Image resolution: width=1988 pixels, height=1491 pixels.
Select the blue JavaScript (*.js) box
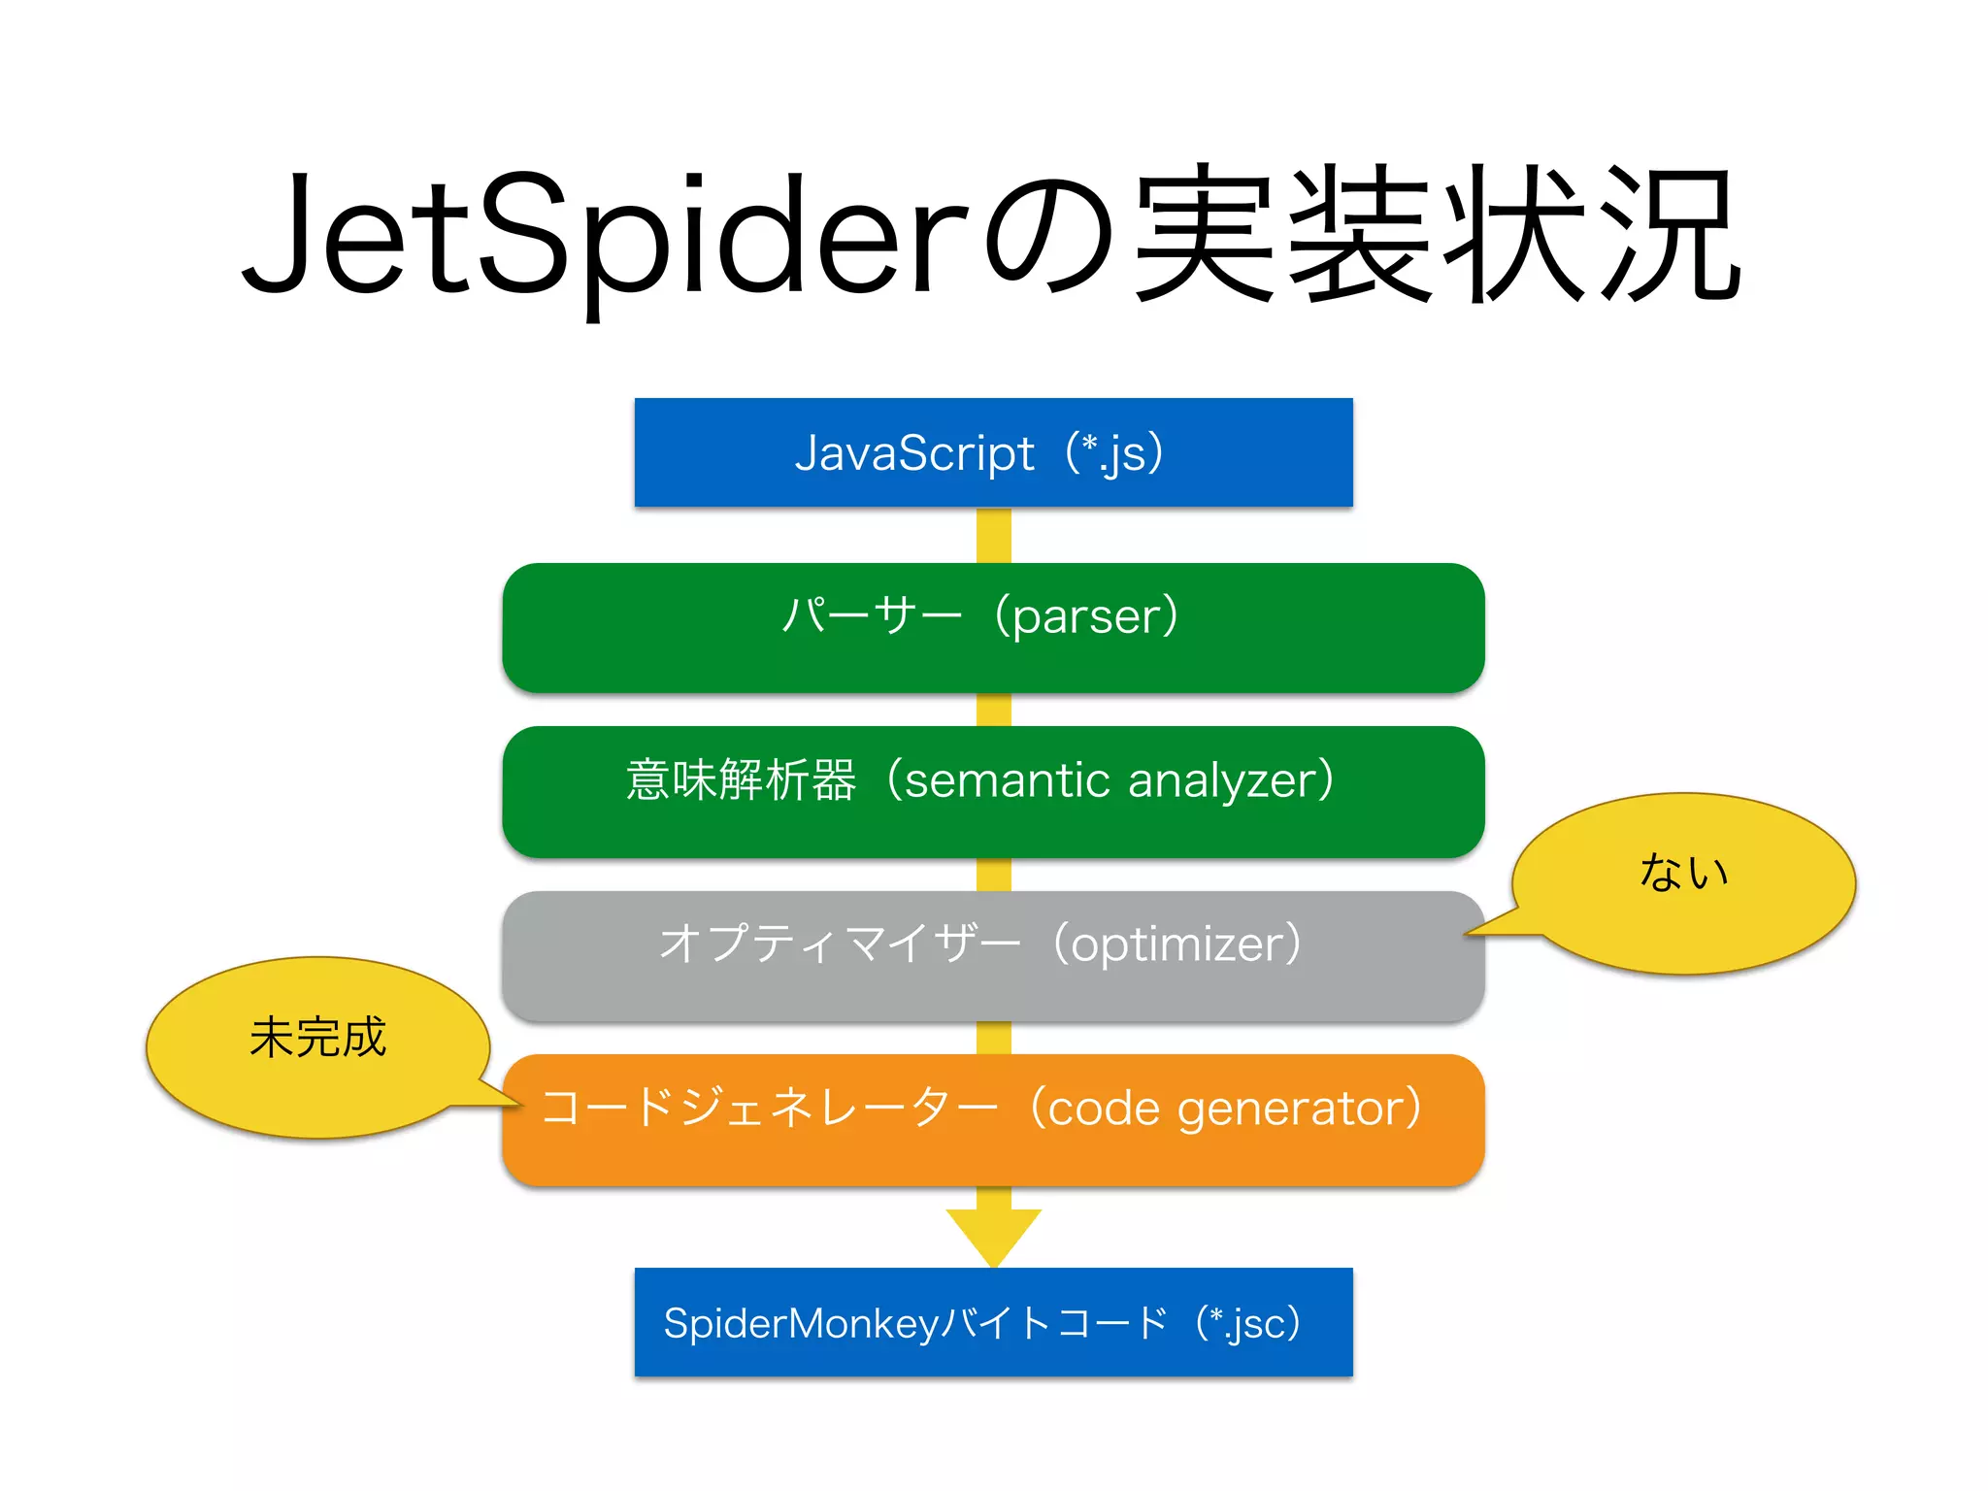click(993, 452)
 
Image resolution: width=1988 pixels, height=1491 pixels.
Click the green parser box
click(993, 627)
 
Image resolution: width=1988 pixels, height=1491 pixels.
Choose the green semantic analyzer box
click(993, 790)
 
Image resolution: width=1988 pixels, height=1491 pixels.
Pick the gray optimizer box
click(993, 955)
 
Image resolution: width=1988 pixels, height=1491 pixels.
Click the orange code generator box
click(993, 1119)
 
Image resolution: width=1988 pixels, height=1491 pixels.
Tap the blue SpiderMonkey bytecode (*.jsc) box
click(993, 1322)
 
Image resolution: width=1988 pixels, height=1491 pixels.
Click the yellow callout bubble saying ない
click(1683, 883)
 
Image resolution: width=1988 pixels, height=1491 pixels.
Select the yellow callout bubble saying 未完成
click(317, 1046)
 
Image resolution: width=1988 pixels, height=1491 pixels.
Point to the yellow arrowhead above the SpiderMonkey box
click(993, 1235)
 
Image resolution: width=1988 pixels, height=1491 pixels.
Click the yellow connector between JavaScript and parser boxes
click(993, 535)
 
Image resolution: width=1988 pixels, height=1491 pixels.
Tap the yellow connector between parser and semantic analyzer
click(993, 710)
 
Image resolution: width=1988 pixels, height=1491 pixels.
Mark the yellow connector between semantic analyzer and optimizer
click(993, 875)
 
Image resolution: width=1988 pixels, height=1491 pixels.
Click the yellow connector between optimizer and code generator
click(993, 1038)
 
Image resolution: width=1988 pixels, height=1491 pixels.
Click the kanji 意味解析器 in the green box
click(741, 780)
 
